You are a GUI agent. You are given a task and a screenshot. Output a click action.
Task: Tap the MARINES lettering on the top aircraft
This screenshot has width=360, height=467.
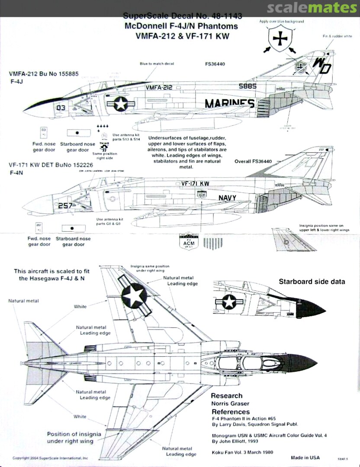point(229,104)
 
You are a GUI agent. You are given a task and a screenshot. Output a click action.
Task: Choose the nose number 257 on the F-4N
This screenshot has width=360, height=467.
point(65,205)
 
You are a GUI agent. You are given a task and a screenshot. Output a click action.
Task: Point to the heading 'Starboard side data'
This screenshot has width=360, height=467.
point(312,281)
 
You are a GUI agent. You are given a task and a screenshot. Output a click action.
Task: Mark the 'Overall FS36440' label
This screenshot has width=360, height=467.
point(253,162)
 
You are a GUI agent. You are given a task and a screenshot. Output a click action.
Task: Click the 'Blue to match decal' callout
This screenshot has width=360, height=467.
point(157,64)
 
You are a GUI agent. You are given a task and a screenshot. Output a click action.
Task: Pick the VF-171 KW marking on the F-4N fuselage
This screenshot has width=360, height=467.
point(193,183)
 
